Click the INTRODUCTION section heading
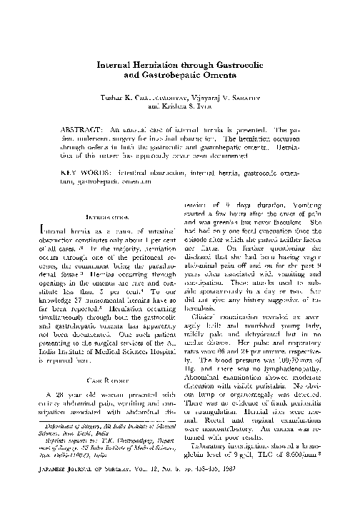pos(106,216)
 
